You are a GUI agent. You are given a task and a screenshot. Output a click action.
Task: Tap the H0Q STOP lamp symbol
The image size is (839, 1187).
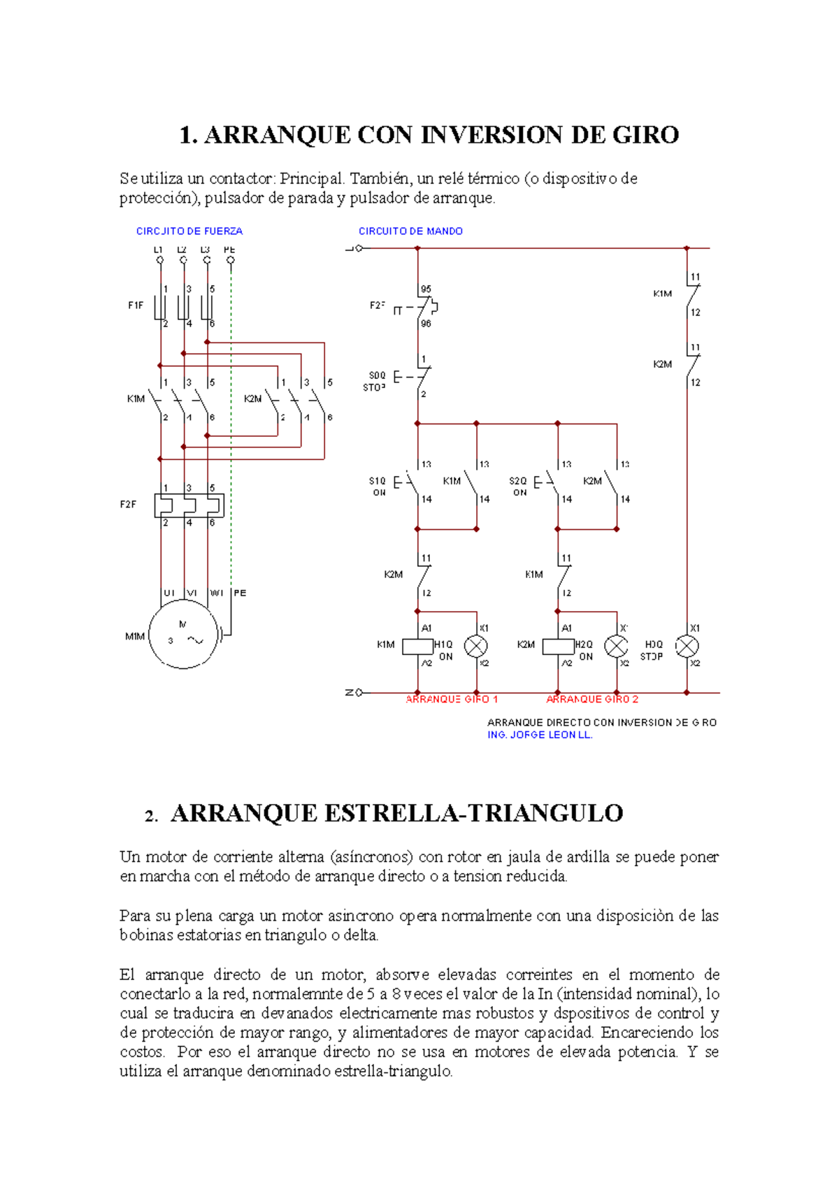click(687, 646)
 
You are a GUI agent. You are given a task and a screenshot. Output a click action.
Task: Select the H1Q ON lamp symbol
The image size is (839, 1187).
click(476, 647)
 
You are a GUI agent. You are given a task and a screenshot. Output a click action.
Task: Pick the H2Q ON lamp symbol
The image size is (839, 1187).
click(616, 647)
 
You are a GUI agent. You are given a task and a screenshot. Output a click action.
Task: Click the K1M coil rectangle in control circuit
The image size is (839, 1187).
click(417, 647)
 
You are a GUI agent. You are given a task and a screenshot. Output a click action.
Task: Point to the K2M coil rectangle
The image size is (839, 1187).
click(558, 647)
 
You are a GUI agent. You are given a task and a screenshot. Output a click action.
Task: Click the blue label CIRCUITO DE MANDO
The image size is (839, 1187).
click(410, 231)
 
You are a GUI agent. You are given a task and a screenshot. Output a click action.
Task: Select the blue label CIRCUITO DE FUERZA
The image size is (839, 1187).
click(189, 231)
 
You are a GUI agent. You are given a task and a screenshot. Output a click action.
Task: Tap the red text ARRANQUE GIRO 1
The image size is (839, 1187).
click(452, 699)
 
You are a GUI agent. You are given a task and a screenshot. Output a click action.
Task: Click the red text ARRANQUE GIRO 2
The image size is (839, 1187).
click(592, 699)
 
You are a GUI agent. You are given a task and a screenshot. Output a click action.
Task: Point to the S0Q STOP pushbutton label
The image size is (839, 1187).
click(376, 381)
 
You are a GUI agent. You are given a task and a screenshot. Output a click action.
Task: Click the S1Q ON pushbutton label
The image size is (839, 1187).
click(378, 487)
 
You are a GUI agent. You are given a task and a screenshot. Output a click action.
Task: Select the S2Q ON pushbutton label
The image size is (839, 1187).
click(518, 487)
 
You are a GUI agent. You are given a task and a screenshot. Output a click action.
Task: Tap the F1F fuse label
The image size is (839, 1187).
click(135, 305)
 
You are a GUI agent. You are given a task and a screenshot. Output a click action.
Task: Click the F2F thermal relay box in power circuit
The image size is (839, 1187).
click(189, 505)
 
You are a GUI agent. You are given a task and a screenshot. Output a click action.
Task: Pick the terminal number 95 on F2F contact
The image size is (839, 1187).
click(426, 289)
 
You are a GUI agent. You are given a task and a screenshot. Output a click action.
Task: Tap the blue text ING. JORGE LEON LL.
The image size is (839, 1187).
click(540, 735)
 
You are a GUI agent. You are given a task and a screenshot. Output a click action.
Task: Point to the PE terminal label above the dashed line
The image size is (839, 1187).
click(229, 250)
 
